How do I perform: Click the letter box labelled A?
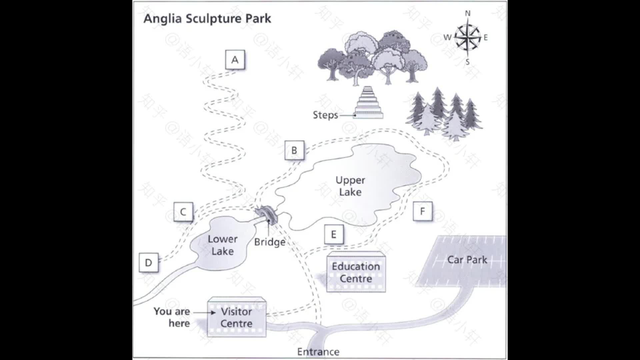pyautogui.click(x=235, y=60)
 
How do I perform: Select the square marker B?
pyautogui.click(x=294, y=150)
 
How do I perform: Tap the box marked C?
pyautogui.click(x=183, y=212)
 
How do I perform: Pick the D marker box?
pyautogui.click(x=148, y=263)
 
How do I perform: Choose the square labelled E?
pyautogui.click(x=334, y=235)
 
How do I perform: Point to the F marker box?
pyautogui.click(x=422, y=211)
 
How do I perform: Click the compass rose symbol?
pyautogui.click(x=467, y=37)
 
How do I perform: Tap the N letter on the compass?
pyautogui.click(x=468, y=13)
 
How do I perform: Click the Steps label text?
pyautogui.click(x=325, y=115)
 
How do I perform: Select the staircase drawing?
pyautogui.click(x=368, y=102)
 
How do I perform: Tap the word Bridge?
pyautogui.click(x=270, y=242)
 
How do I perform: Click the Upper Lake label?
pyautogui.click(x=350, y=186)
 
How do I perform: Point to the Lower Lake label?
pyautogui.click(x=223, y=245)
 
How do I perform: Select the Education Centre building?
pyautogui.click(x=356, y=272)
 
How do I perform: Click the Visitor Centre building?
pyautogui.click(x=237, y=317)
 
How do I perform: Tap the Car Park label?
pyautogui.click(x=467, y=260)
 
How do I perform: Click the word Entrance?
pyautogui.click(x=318, y=352)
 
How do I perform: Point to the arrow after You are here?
pyautogui.click(x=204, y=313)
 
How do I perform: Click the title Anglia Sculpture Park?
pyautogui.click(x=207, y=19)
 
